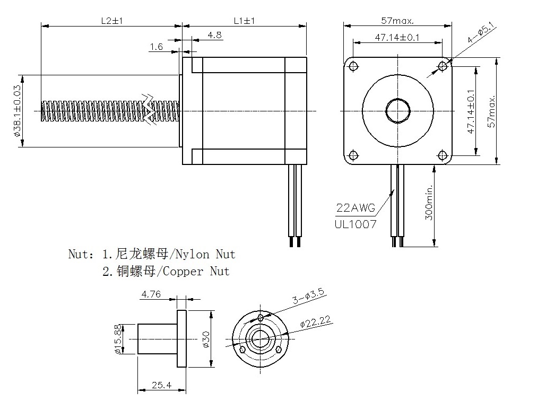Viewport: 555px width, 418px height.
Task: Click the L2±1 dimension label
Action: (x=112, y=21)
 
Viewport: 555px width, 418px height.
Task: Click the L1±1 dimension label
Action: (x=245, y=21)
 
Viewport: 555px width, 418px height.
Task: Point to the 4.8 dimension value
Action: (x=214, y=35)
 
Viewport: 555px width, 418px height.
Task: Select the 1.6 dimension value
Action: (x=156, y=47)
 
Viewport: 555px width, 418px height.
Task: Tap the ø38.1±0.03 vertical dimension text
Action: (x=18, y=111)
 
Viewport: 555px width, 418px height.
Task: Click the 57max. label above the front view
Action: (x=397, y=21)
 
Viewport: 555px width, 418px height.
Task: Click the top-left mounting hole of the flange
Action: (x=352, y=66)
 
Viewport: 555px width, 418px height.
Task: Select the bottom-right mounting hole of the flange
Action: (x=443, y=155)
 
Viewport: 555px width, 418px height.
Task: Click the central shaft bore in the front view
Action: (x=397, y=110)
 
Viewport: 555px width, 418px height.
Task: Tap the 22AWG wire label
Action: (x=355, y=207)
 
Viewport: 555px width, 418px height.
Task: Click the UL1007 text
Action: (x=355, y=224)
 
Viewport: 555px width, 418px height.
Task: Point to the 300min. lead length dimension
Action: (x=429, y=202)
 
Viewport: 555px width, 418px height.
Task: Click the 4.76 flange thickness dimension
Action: (x=151, y=294)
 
